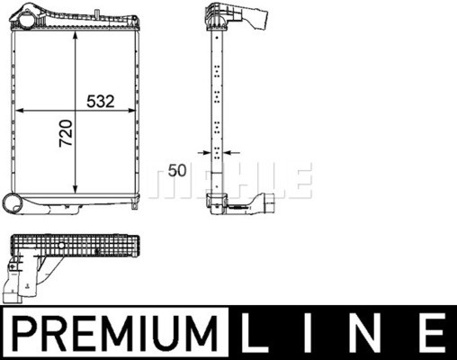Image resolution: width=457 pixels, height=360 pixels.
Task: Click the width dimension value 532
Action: click(x=99, y=101)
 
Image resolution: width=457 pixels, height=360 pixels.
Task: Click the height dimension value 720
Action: click(x=65, y=135)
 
